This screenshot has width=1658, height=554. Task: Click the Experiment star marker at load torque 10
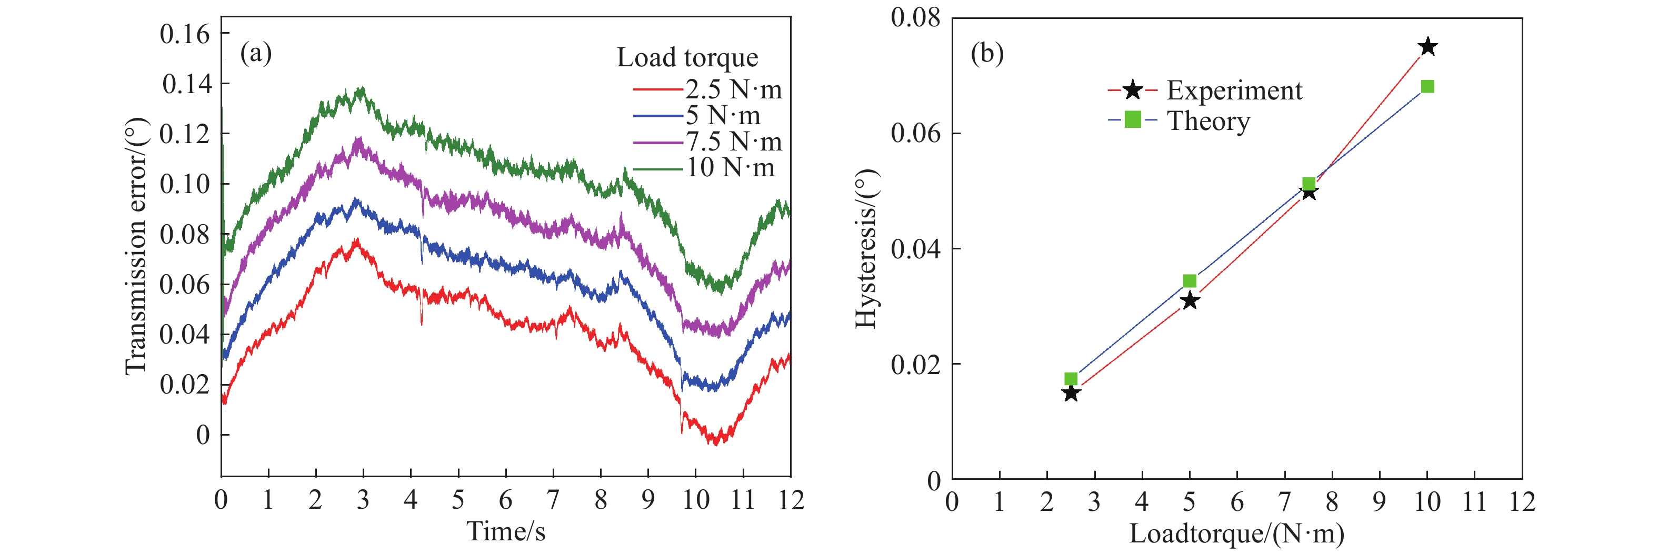point(1427,47)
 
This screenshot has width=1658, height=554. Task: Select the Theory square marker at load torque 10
point(1427,87)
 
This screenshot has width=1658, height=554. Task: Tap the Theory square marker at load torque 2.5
point(1071,379)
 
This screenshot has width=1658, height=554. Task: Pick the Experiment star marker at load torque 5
point(1190,300)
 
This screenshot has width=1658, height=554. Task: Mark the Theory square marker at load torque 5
point(1190,281)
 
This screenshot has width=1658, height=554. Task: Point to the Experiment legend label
point(1234,90)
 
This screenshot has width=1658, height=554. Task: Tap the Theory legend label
point(1208,121)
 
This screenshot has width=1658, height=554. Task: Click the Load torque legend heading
point(687,58)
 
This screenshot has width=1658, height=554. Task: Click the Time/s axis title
point(506,531)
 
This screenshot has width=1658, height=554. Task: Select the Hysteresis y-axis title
point(866,248)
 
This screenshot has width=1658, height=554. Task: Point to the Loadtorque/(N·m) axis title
point(1236,533)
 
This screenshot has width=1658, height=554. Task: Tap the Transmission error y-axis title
point(136,246)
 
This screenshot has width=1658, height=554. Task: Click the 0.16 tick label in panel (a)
point(185,34)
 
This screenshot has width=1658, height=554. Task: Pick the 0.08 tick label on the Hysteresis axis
point(915,18)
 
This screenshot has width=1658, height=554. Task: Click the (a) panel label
point(255,53)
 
